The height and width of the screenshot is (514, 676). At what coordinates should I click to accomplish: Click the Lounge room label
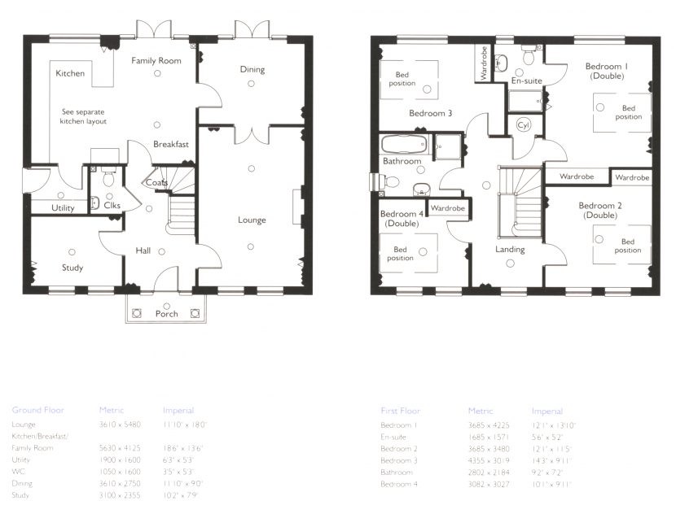252,220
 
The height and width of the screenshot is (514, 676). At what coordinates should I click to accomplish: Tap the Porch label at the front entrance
166,314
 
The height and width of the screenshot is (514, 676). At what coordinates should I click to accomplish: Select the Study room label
72,268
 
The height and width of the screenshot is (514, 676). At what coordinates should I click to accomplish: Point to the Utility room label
63,208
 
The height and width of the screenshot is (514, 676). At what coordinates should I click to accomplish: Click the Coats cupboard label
156,183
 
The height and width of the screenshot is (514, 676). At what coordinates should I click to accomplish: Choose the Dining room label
252,70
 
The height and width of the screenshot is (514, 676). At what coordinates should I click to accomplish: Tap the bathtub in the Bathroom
404,146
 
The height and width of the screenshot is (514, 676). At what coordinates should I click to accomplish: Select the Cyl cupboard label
522,126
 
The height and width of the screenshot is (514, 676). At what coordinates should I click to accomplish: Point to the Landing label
510,250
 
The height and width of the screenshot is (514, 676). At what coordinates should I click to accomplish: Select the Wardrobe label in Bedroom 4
447,208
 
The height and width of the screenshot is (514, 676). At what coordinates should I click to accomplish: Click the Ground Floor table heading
37,410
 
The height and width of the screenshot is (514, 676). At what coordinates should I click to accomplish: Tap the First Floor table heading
400,411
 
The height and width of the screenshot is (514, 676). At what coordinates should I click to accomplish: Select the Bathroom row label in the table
396,472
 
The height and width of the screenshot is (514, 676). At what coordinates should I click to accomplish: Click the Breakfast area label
171,144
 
